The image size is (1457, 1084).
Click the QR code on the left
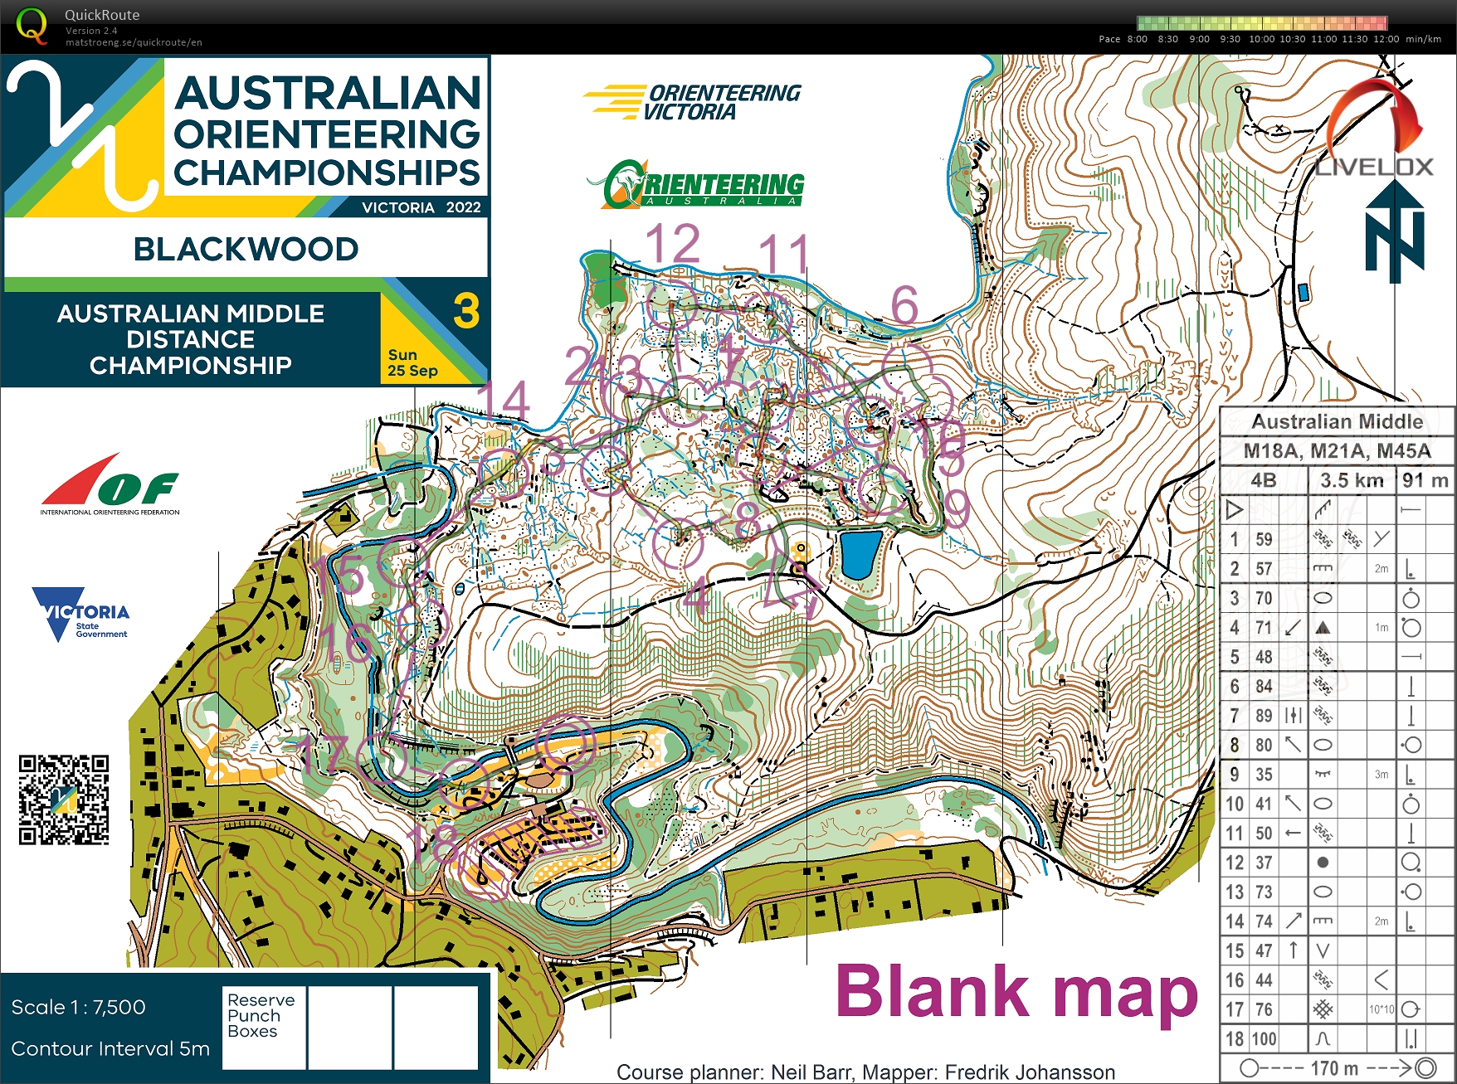pos(64,800)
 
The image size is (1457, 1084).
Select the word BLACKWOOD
pos(246,249)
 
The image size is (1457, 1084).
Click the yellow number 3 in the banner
pos(466,312)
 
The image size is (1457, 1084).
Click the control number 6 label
pos(904,305)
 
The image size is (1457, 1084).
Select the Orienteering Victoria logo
pos(693,101)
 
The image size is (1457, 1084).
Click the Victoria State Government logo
pos(80,614)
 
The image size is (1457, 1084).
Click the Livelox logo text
pos(1374,167)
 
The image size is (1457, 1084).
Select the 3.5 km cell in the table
pos(1351,480)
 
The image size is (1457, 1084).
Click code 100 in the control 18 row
pos(1264,1038)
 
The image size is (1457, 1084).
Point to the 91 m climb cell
pos(1425,480)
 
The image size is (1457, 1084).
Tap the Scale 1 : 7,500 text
pos(79,1007)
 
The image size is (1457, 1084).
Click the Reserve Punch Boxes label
pos(261,1015)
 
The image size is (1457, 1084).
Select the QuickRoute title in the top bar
pos(102,15)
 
